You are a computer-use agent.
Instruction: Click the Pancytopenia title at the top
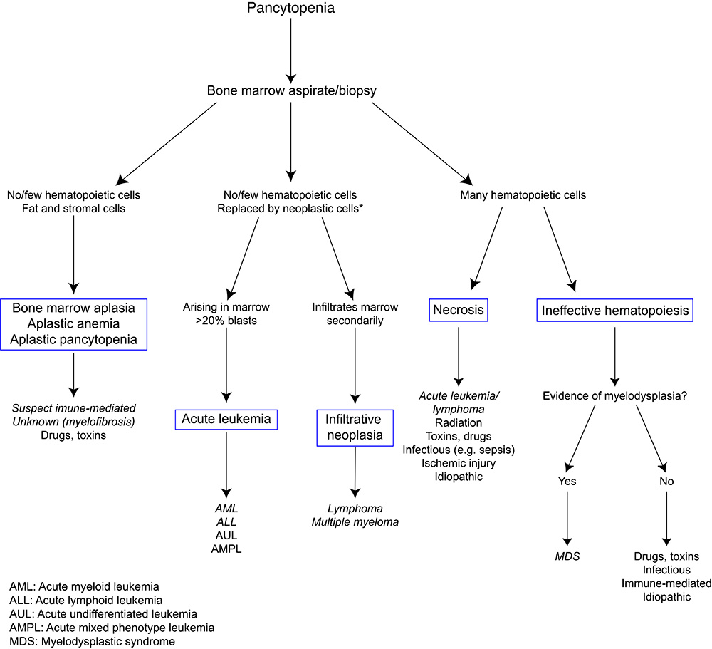[290, 8]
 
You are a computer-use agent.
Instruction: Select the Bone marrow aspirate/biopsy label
[291, 90]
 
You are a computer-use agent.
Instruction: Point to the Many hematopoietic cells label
[523, 195]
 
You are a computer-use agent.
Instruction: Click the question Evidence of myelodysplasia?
[615, 396]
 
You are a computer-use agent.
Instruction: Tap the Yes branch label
[567, 482]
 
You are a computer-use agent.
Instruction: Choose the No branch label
[666, 482]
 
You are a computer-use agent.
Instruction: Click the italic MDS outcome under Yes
[567, 556]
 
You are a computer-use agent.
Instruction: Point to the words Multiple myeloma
[355, 522]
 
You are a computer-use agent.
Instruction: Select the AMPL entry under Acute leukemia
[226, 549]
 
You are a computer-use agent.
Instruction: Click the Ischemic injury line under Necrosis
[458, 463]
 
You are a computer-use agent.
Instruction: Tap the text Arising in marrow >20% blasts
[226, 313]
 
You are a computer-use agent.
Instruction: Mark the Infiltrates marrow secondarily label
[355, 313]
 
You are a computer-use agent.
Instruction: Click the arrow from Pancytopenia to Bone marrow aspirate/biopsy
[291, 51]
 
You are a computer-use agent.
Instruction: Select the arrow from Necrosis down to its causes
[459, 356]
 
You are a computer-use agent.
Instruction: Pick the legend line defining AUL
[103, 614]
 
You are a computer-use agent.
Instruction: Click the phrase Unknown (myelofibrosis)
[73, 422]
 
